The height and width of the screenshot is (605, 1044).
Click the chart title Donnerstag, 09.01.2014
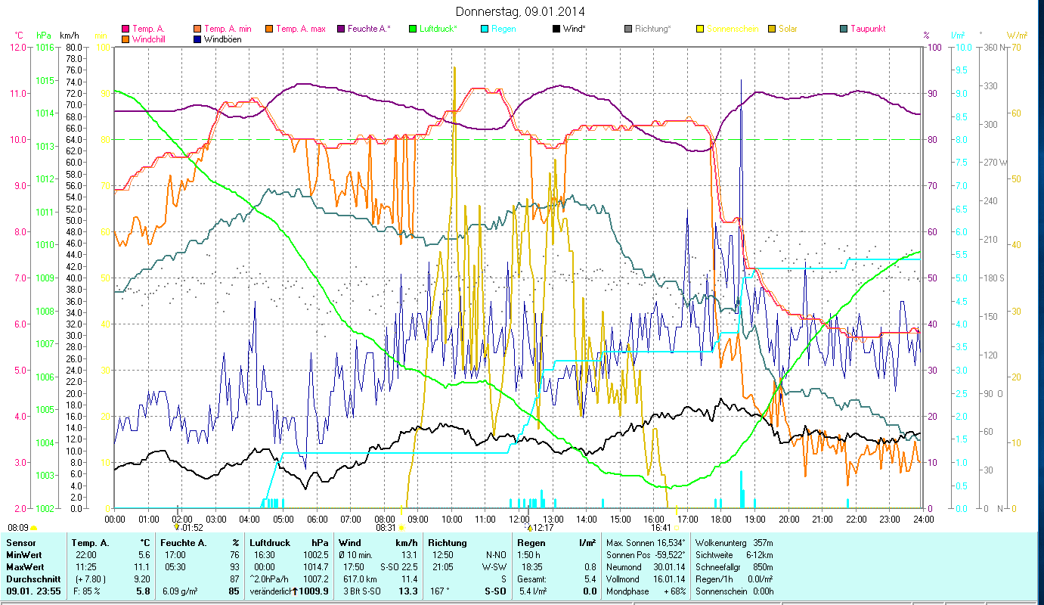[x=520, y=11]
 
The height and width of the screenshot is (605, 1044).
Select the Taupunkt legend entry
[x=868, y=29]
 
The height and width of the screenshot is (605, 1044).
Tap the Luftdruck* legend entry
[x=433, y=29]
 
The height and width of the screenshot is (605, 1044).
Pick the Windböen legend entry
[x=223, y=39]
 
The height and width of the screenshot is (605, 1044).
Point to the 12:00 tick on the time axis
[x=519, y=519]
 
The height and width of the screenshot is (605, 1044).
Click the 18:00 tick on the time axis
[x=721, y=519]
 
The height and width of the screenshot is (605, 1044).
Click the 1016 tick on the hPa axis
[x=45, y=47]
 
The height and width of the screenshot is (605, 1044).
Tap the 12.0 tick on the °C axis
[x=17, y=47]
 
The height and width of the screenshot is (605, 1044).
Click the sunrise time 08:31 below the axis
[x=385, y=528]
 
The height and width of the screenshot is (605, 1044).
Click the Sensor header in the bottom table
[x=20, y=543]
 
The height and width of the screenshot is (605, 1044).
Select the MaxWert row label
[x=24, y=566]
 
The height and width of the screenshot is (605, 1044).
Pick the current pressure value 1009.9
[x=314, y=591]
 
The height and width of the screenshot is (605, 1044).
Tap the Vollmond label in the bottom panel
[x=624, y=579]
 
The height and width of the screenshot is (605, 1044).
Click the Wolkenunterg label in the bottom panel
[x=720, y=543]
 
